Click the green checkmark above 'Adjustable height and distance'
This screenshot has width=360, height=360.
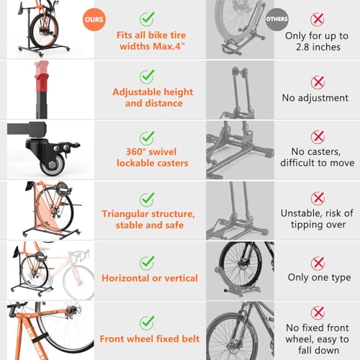pyautogui.click(x=148, y=76)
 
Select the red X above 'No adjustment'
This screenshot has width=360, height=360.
pyautogui.click(x=318, y=83)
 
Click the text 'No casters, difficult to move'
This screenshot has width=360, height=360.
pyautogui.click(x=318, y=157)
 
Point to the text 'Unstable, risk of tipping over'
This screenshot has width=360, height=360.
pyautogui.click(x=318, y=219)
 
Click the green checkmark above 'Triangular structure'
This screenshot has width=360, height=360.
pyautogui.click(x=148, y=197)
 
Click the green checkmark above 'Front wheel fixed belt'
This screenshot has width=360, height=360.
pyautogui.click(x=148, y=322)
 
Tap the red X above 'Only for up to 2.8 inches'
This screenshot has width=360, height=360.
pyautogui.click(x=318, y=17)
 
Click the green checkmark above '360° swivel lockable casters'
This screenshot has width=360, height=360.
pyautogui.click(x=148, y=136)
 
